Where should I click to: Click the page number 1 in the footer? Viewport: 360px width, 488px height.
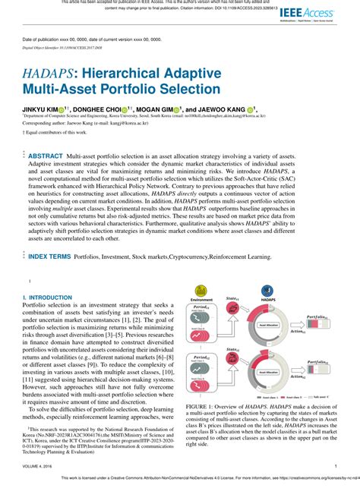(x=336, y=467)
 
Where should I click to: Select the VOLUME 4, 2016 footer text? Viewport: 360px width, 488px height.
(x=39, y=467)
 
